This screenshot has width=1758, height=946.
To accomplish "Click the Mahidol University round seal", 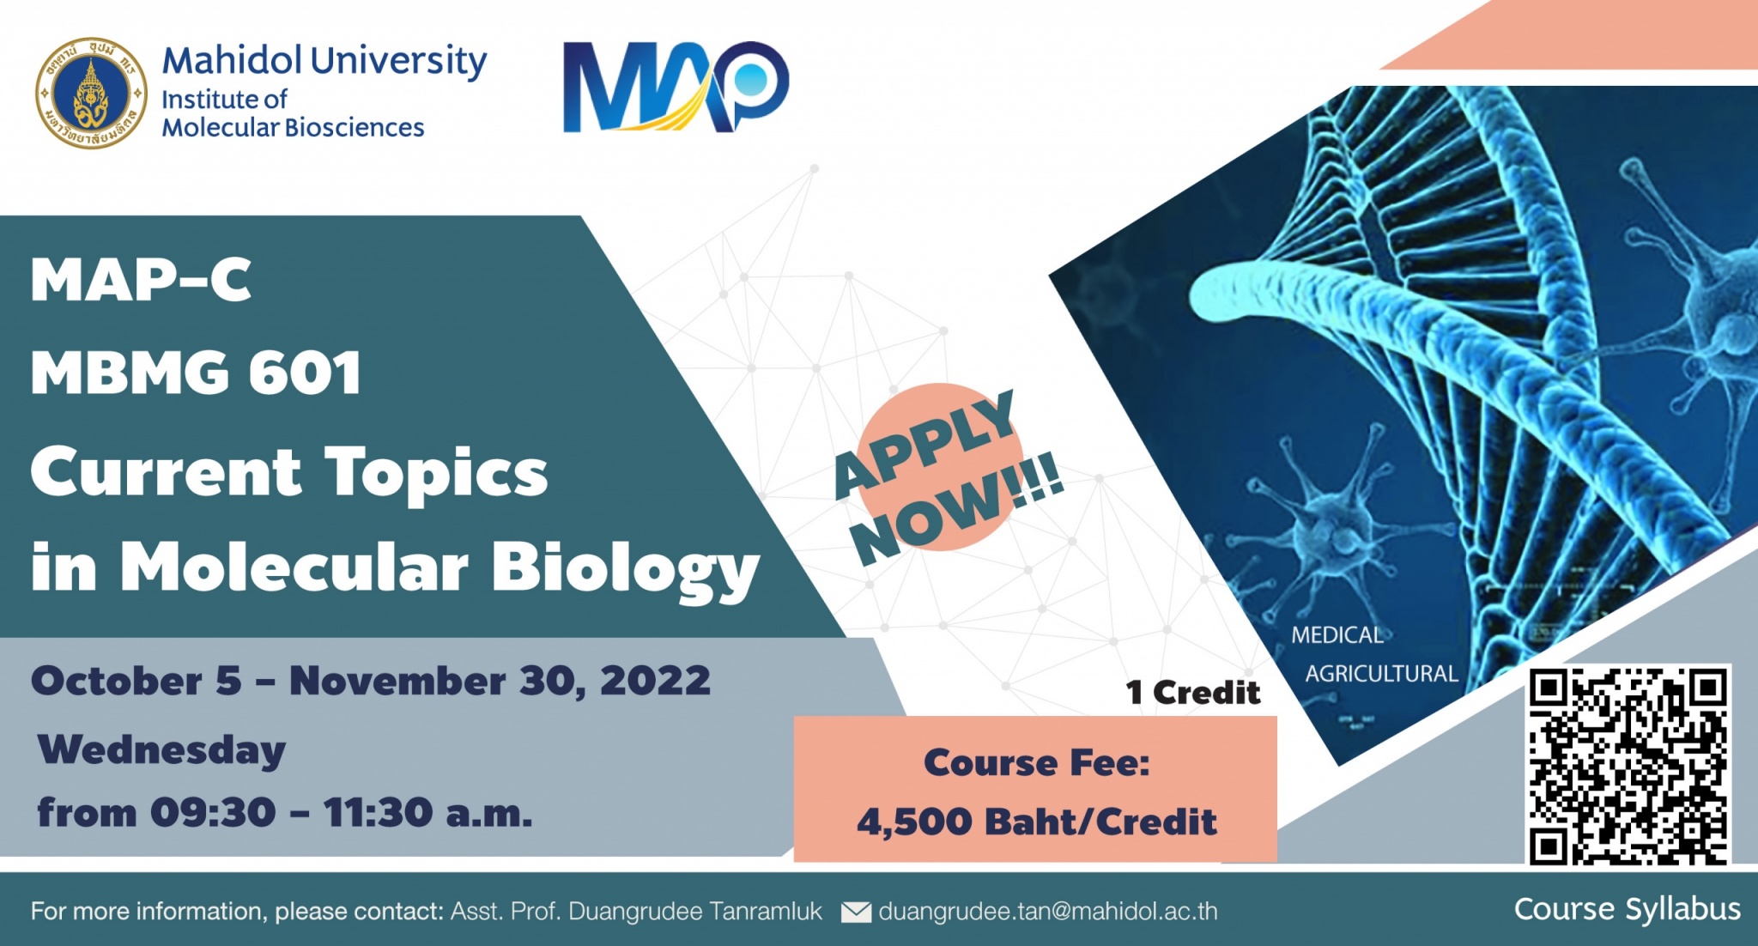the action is [x=91, y=93].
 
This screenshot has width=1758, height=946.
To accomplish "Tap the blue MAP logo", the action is [x=676, y=87].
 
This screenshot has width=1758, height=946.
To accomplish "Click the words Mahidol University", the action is [x=324, y=61].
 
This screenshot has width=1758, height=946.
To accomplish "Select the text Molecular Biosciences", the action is [x=293, y=128].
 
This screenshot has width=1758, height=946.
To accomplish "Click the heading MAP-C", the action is [x=141, y=280].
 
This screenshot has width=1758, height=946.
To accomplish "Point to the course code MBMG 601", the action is [x=196, y=373].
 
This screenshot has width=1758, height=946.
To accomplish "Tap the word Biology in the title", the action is [x=625, y=570].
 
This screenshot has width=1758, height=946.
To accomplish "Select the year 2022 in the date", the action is [x=655, y=681].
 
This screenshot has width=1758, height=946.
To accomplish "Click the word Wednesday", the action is [x=161, y=750].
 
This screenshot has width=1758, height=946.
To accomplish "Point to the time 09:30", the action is [x=213, y=812].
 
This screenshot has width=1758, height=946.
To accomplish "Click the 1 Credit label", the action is [x=1193, y=692].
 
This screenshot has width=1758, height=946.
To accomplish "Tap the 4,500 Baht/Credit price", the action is [x=1036, y=822].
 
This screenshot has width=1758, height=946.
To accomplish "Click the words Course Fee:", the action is [x=1036, y=762].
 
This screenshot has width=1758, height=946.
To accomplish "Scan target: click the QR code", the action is [x=1628, y=765].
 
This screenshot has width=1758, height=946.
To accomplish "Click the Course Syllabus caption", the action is [x=1627, y=909].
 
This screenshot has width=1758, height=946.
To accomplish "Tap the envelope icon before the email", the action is [x=856, y=912].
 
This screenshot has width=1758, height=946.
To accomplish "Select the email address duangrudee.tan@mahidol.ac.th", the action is [x=1048, y=911].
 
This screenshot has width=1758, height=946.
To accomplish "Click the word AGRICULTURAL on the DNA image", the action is [x=1381, y=674].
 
